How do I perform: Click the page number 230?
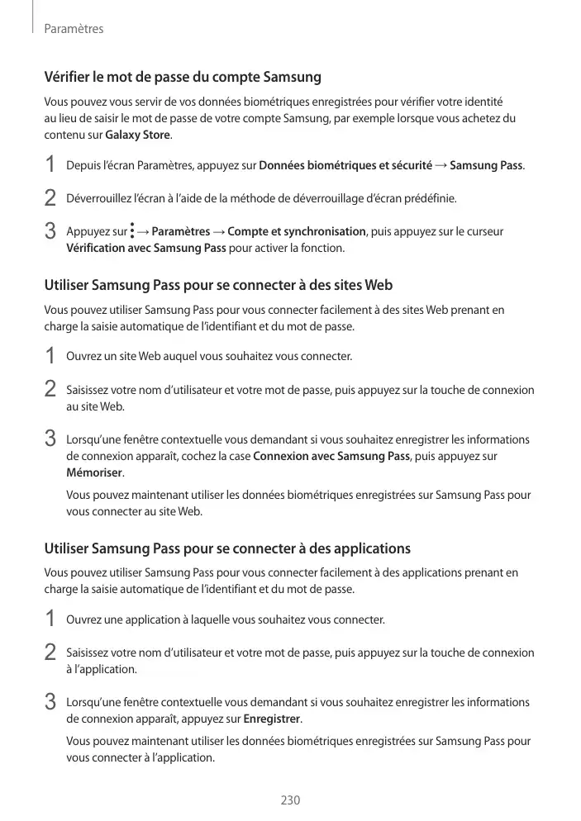click(290, 800)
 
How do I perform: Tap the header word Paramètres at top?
click(74, 29)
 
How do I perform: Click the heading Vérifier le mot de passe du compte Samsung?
click(182, 78)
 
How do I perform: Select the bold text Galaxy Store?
click(138, 135)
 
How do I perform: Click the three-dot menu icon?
click(132, 231)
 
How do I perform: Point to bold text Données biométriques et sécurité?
click(345, 166)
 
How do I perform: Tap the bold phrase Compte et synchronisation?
click(297, 231)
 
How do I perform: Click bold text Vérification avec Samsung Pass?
click(145, 248)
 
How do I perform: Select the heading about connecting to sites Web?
click(217, 286)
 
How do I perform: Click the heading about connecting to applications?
click(226, 548)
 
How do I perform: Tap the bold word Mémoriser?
click(94, 472)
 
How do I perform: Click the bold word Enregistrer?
click(272, 719)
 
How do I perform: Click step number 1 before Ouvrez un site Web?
click(50, 357)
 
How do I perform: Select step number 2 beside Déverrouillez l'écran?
click(50, 199)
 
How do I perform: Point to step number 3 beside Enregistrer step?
click(50, 703)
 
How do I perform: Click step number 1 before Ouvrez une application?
click(50, 619)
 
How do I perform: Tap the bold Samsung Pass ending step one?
click(486, 166)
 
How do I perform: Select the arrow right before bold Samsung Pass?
click(441, 166)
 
